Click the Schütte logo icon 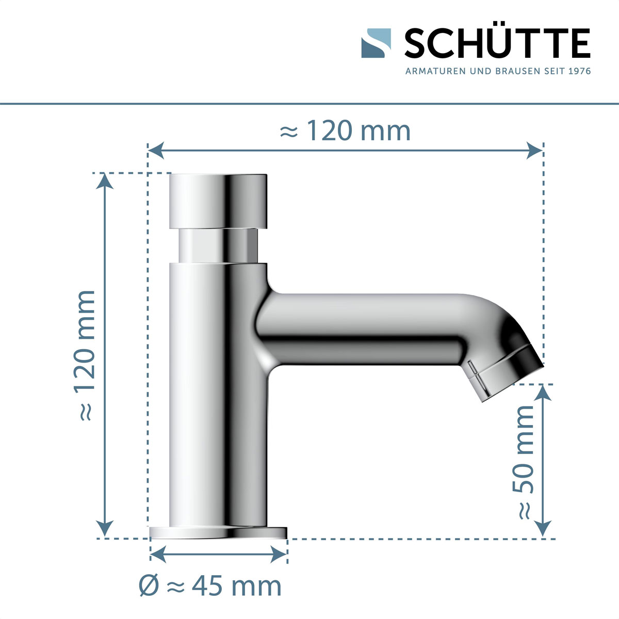point(376,43)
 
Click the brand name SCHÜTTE point(497,44)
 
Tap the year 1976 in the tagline point(579,71)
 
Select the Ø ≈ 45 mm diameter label point(210,586)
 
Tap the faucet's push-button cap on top point(219,201)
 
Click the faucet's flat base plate point(218,533)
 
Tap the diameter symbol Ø point(149,586)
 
